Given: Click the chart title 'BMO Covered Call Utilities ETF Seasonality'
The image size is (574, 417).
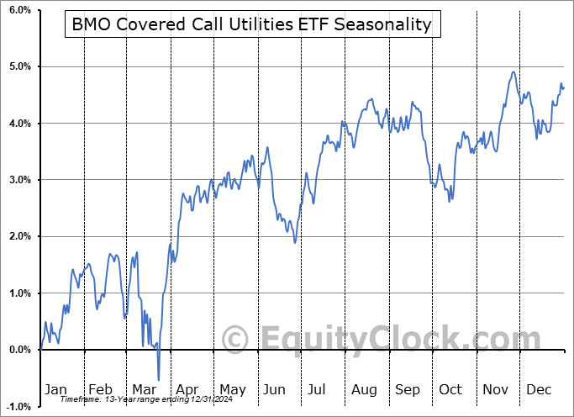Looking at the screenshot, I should click(251, 24).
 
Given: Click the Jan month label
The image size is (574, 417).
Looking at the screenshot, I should click(55, 389).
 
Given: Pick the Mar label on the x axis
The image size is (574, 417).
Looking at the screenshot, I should click(144, 389).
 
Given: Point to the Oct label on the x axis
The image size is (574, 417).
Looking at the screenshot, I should click(450, 389).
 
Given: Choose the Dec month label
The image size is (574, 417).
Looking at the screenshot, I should click(538, 389).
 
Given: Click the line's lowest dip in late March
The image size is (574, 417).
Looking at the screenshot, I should click(158, 380).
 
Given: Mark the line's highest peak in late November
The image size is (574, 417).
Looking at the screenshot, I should click(513, 71).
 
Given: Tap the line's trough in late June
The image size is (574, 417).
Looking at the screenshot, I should click(294, 242).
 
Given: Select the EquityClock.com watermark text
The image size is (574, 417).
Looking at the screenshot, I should click(370, 340).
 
